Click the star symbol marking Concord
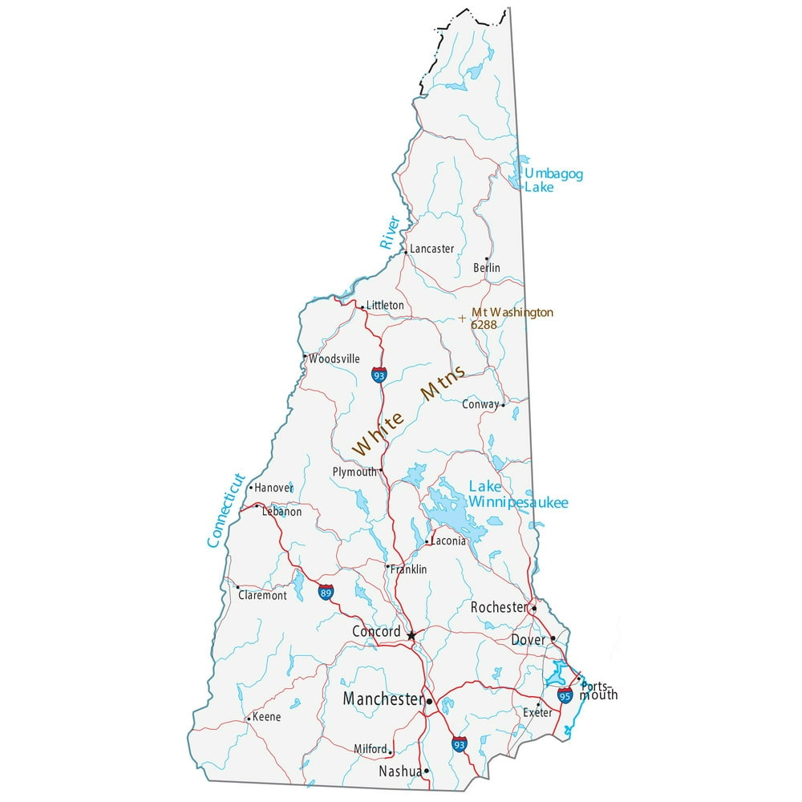click(411, 635)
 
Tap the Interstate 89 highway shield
click(326, 593)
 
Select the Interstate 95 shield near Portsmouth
click(565, 695)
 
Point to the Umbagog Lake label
click(553, 180)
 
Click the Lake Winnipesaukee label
click(518, 495)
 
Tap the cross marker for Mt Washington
click(462, 318)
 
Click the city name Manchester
click(383, 699)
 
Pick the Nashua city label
click(399, 772)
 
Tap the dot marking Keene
click(249, 718)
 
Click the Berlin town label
click(486, 267)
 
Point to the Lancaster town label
click(431, 249)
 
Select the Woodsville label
click(334, 359)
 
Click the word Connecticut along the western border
click(225, 510)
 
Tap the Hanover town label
click(273, 488)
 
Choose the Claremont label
click(262, 596)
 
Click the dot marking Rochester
click(534, 608)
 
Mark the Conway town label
click(480, 405)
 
